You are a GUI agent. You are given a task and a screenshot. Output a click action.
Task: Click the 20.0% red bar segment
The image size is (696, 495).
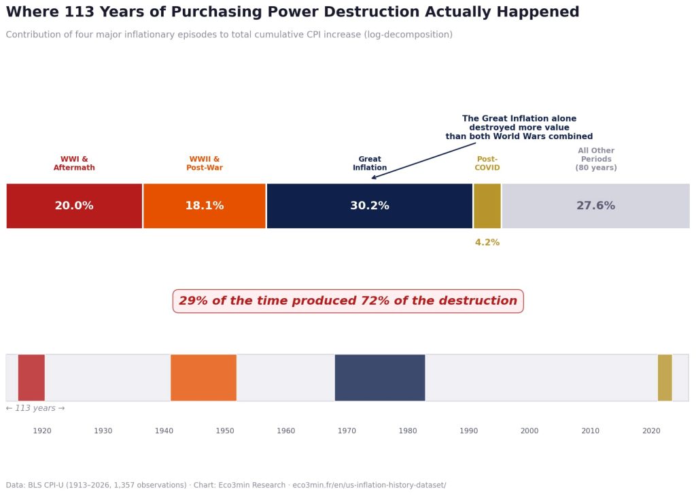(x=74, y=206)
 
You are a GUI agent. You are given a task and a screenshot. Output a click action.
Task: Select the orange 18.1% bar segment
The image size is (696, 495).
(x=205, y=206)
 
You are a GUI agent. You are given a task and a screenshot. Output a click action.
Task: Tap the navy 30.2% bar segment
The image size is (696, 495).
(x=369, y=206)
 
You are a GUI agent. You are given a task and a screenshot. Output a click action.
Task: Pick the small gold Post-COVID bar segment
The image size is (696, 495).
(x=487, y=206)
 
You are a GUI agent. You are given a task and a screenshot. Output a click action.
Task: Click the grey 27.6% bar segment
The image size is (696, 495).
(x=595, y=206)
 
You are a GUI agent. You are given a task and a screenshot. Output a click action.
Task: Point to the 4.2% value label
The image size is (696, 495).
(x=487, y=242)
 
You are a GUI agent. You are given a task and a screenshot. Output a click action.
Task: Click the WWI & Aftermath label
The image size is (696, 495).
(x=74, y=164)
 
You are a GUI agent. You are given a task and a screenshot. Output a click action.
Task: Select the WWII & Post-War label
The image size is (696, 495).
(x=205, y=164)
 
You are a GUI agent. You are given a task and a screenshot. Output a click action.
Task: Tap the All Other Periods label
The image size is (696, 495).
(x=596, y=160)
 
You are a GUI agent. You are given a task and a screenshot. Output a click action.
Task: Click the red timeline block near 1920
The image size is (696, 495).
(x=31, y=378)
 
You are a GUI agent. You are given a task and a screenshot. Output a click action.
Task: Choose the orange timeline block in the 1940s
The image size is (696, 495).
(x=203, y=378)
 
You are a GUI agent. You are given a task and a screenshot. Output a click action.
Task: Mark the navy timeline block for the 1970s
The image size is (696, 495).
(x=379, y=378)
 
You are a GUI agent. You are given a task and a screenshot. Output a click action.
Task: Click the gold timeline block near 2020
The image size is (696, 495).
(x=664, y=378)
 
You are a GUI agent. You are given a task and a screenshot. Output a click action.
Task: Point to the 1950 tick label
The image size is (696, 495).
(x=225, y=430)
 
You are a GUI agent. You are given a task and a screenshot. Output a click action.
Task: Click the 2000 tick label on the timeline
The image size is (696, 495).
(x=529, y=430)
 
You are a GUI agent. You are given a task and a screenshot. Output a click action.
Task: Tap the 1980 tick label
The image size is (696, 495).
(x=408, y=430)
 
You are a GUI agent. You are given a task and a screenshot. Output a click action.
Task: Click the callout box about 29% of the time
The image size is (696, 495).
(x=348, y=301)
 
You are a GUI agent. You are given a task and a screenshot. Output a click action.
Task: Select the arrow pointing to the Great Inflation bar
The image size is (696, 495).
(x=423, y=161)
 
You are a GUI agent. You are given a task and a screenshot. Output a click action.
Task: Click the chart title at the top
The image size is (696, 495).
(x=292, y=12)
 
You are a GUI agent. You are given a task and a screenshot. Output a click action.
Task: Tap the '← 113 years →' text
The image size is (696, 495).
(x=35, y=408)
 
